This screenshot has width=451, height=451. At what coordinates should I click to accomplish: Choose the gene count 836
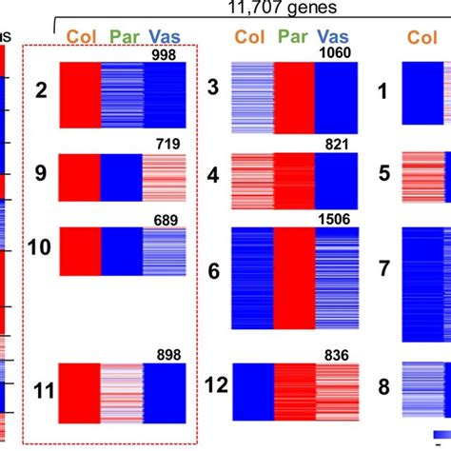click(341, 355)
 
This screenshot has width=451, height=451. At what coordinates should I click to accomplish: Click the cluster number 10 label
click(40, 248)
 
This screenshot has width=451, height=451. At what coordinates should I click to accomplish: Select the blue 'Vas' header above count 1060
click(338, 37)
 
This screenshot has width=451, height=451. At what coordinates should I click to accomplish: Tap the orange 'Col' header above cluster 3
click(249, 37)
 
